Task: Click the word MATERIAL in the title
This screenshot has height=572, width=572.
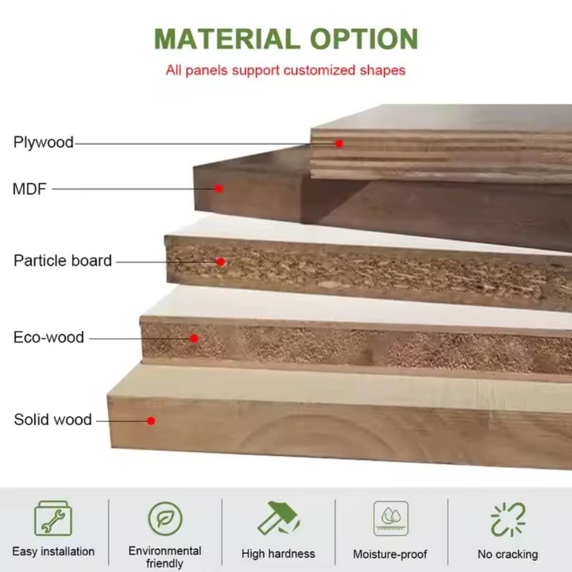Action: click(227, 39)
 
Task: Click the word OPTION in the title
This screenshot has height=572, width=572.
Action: click(364, 39)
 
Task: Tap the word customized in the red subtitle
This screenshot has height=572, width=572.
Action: click(319, 70)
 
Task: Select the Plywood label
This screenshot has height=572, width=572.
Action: click(44, 142)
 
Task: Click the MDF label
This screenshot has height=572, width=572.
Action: click(30, 189)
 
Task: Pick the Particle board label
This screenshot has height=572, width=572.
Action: click(63, 261)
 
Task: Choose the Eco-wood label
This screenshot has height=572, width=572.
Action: click(49, 337)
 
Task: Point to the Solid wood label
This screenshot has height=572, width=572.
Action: click(53, 420)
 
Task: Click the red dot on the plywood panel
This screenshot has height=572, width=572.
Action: click(339, 144)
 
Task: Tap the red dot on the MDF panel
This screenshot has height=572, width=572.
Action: click(218, 189)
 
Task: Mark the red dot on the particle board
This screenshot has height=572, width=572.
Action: click(221, 261)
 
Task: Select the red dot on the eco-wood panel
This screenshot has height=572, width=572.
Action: click(194, 339)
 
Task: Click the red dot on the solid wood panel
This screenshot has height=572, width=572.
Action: click(151, 421)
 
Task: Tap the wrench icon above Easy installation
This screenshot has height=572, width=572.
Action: click(53, 518)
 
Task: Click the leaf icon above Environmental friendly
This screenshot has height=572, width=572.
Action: click(165, 518)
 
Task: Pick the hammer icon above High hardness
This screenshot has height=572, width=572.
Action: click(279, 518)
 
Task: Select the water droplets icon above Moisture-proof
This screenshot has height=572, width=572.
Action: click(390, 518)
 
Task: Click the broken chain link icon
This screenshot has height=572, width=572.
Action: click(508, 519)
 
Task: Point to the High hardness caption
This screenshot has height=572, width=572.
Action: click(278, 554)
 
